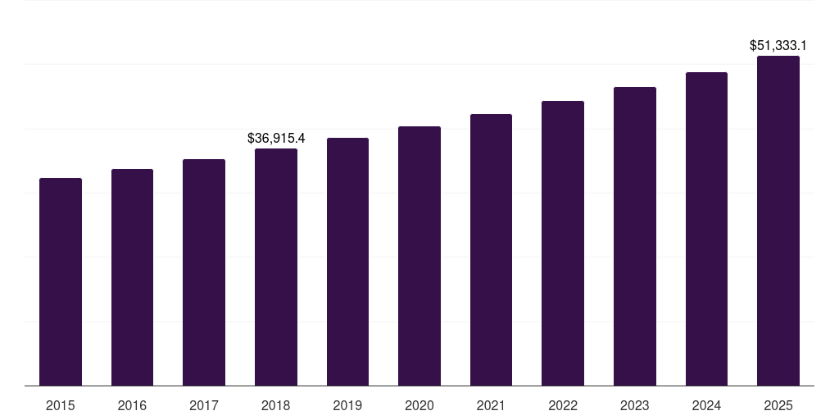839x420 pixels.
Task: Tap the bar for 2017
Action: pyautogui.click(x=204, y=272)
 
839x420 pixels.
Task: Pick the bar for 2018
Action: pyautogui.click(x=276, y=267)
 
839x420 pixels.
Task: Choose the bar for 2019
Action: pyautogui.click(x=347, y=262)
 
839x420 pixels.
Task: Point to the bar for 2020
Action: pyautogui.click(x=419, y=256)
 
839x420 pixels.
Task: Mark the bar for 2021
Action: pyautogui.click(x=491, y=249)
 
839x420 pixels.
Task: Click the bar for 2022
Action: pyautogui.click(x=563, y=243)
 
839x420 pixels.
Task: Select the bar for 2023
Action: pyautogui.click(x=635, y=236)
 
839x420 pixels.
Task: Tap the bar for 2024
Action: pyautogui.click(x=706, y=229)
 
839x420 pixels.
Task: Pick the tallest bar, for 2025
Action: pyautogui.click(x=778, y=221)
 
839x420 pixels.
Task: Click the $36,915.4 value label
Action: pyautogui.click(x=276, y=138)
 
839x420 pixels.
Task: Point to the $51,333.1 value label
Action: pyautogui.click(x=778, y=46)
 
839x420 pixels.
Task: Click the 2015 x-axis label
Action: pyautogui.click(x=61, y=405)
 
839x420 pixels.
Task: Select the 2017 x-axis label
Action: pyautogui.click(x=204, y=405)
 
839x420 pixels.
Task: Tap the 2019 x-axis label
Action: pyautogui.click(x=347, y=405)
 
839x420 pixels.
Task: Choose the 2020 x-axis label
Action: pyautogui.click(x=419, y=405)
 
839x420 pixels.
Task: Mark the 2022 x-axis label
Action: pyautogui.click(x=563, y=405)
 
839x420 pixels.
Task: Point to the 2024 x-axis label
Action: pyautogui.click(x=706, y=405)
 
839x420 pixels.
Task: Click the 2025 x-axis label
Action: pyautogui.click(x=778, y=405)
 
